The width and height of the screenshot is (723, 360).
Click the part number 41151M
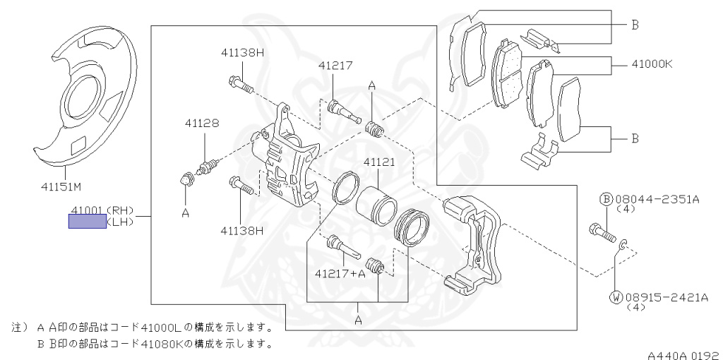61,187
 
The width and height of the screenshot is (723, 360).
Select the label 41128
202,123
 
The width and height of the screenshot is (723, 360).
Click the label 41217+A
340,273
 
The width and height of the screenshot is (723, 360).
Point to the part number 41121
378,162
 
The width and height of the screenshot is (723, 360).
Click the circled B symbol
605,200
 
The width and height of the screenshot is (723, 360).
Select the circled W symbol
616,298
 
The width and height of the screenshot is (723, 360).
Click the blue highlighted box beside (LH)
87,222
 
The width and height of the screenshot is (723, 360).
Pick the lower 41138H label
241,229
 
